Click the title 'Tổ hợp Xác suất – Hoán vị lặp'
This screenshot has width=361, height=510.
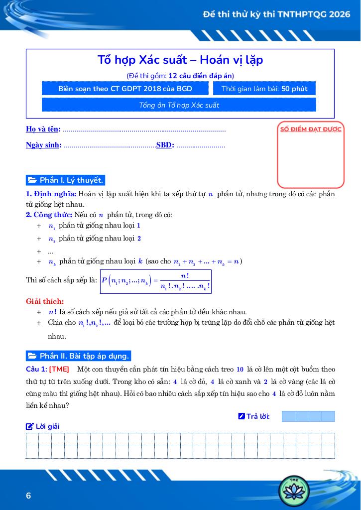(x=180, y=60)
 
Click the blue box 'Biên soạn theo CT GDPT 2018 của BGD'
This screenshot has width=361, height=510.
(x=125, y=89)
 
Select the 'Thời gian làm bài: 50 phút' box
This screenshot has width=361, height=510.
(x=264, y=89)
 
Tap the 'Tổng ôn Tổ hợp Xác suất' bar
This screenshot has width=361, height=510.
(x=179, y=105)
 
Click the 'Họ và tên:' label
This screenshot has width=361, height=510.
(x=43, y=129)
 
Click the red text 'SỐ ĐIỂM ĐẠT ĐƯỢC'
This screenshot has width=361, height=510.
(x=311, y=129)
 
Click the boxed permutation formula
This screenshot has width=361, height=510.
(x=156, y=281)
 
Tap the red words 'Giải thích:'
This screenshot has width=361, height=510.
(x=45, y=301)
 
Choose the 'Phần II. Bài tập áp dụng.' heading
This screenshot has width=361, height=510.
(x=79, y=356)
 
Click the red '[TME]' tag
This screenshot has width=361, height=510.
(x=59, y=369)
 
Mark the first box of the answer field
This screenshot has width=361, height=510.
(x=289, y=416)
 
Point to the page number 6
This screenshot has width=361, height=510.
(x=28, y=496)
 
